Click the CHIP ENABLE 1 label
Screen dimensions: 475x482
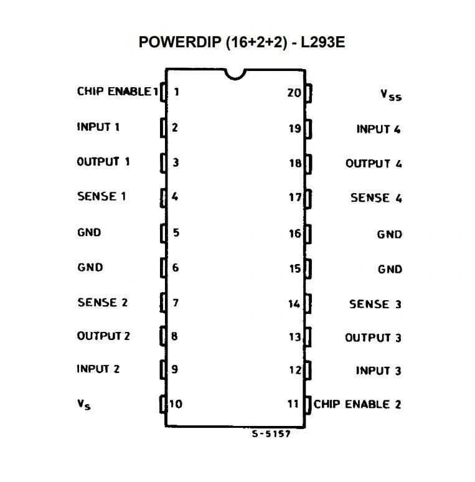[118, 92]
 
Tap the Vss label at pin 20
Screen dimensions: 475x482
[391, 95]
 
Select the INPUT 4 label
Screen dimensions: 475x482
[379, 129]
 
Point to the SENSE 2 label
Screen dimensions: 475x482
[102, 303]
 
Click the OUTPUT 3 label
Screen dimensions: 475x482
[373, 338]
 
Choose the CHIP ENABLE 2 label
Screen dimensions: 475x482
[357, 404]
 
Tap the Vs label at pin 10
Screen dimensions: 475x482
[83, 404]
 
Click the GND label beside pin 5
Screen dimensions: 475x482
[89, 232]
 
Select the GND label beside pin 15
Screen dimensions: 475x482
[390, 269]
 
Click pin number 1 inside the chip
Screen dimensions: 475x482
[176, 92]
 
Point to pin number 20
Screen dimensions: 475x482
[294, 93]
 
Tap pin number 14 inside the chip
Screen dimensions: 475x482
[294, 304]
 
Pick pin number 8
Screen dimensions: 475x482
[174, 336]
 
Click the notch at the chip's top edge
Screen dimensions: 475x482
[235, 78]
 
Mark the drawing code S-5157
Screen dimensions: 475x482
[271, 434]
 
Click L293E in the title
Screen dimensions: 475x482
[322, 42]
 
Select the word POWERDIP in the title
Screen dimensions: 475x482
[180, 42]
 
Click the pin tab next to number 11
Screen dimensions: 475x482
[308, 405]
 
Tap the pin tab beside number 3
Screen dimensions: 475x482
[164, 163]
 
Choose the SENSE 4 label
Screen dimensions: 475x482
[376, 197]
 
